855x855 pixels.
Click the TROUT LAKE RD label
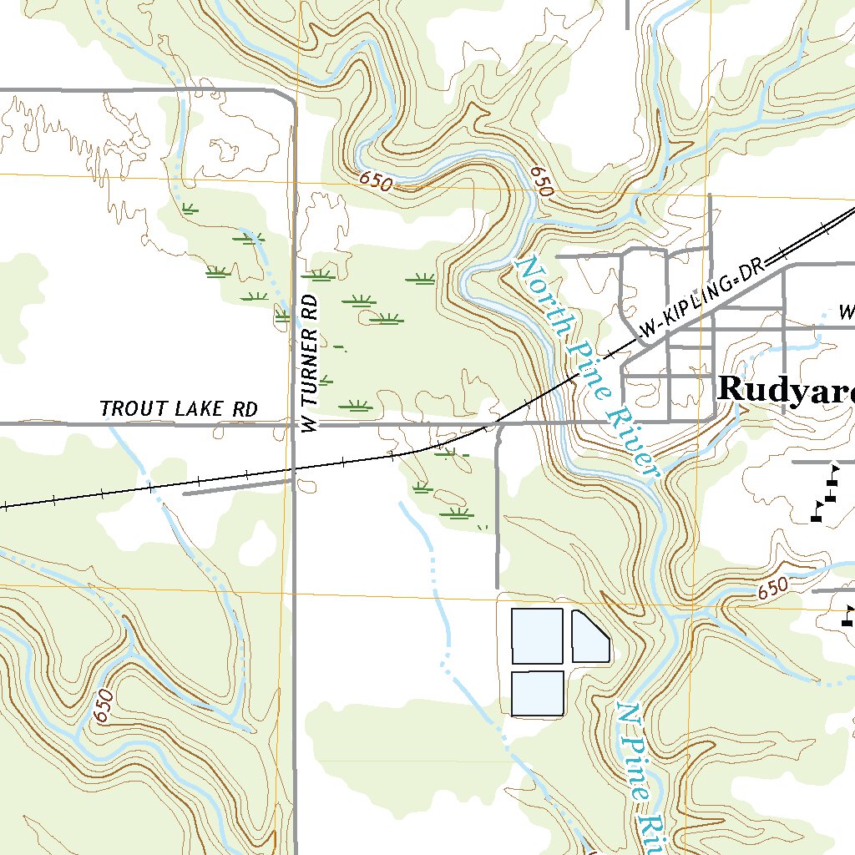point(179,409)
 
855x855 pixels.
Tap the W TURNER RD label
point(310,363)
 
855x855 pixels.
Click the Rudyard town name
point(785,389)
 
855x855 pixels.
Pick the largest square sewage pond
point(537,636)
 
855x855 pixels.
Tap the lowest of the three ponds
point(537,693)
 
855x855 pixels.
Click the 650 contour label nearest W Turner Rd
point(377,181)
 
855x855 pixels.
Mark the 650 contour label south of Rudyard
point(773,589)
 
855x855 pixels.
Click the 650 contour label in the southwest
point(104,706)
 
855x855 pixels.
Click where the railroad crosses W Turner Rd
point(294,470)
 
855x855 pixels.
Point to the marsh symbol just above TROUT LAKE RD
point(357,407)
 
